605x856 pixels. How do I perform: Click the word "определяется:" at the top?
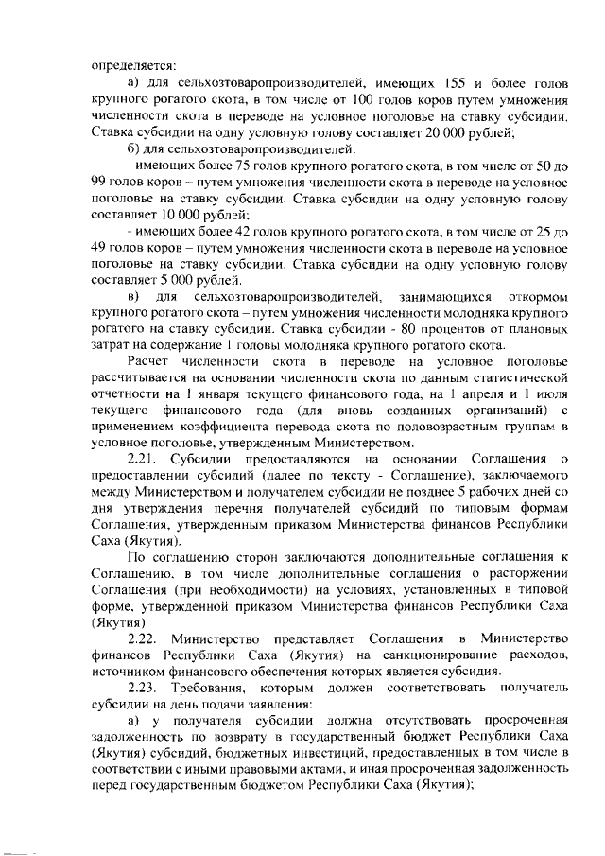tap(129, 66)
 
